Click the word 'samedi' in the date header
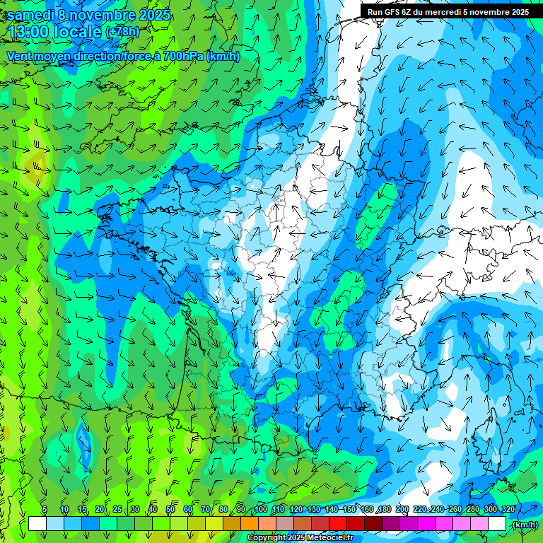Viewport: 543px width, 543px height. [x=31, y=15]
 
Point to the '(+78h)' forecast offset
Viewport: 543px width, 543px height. [x=122, y=33]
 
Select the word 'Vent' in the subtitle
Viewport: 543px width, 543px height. [x=19, y=57]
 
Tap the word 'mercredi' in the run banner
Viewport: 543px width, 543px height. [x=444, y=12]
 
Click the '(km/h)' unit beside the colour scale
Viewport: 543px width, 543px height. [x=525, y=525]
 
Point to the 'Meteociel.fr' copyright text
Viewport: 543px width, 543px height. [x=326, y=538]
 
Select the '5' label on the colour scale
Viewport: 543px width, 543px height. [x=45, y=509]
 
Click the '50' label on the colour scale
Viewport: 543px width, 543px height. [x=170, y=509]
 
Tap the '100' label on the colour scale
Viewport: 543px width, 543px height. [x=261, y=509]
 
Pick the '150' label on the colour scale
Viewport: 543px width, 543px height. [x=349, y=509]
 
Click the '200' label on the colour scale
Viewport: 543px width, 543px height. [x=402, y=509]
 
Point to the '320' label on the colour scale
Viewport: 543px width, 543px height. [x=508, y=509]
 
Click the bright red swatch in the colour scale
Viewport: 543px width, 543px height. [x=338, y=524]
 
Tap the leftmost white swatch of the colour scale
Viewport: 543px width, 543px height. [x=37, y=524]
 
